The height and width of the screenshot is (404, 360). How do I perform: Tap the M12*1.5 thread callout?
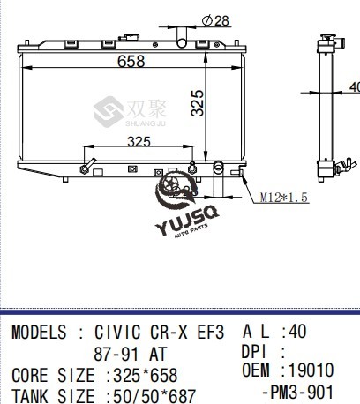(x=285, y=198)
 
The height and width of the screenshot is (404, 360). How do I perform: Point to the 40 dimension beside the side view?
(x=354, y=86)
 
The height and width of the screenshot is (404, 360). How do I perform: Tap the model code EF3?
(x=208, y=333)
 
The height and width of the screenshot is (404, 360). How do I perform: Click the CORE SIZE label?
(x=49, y=376)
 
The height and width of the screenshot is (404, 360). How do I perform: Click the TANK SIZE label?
(x=49, y=396)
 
